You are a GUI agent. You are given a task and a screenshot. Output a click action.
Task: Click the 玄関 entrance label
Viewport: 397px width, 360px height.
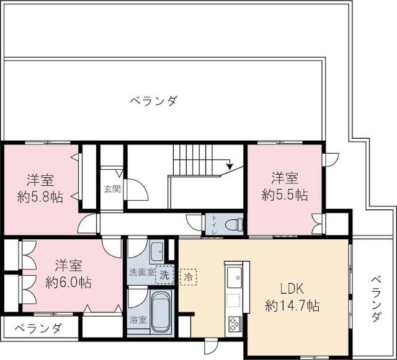pos(112,189)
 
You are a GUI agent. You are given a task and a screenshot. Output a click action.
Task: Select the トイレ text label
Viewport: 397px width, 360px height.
pos(214,224)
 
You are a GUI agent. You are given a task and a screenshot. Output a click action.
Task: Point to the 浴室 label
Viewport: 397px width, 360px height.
pos(138,320)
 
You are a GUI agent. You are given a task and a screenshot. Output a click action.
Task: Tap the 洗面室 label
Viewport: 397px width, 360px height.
pos(140,273)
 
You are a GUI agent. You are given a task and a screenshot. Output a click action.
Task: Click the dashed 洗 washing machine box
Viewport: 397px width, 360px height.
pos(164,273)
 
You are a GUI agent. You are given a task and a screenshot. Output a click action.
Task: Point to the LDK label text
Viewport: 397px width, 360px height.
pos(292,288)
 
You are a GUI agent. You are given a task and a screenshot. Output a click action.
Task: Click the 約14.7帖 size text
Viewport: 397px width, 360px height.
pos(292,305)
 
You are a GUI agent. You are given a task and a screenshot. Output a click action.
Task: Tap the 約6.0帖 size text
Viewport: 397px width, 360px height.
pos(68,282)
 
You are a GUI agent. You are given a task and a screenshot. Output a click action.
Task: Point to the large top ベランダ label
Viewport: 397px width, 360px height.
pos(153,101)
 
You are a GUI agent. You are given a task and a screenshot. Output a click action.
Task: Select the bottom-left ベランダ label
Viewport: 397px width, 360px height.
pos(38,328)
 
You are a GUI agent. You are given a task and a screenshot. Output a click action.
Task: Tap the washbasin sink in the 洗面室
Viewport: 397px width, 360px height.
pos(158,251)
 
